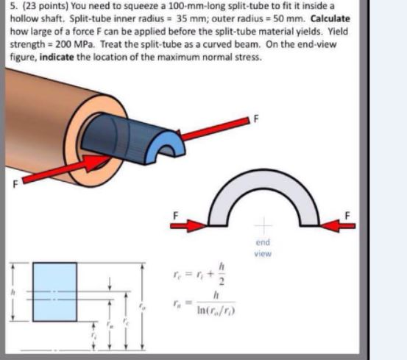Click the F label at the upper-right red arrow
256,119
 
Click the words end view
263,247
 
